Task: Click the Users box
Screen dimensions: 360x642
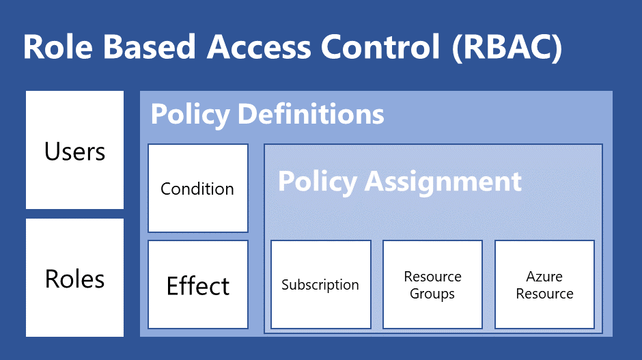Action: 74,150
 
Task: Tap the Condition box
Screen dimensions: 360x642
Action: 197,189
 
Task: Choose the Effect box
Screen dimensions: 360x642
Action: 198,285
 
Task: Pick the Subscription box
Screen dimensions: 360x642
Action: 320,285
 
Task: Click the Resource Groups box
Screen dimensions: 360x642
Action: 432,285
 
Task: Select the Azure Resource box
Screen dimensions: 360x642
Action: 544,285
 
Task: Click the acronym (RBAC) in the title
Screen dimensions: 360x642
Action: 506,47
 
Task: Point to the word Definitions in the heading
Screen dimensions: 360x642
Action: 311,114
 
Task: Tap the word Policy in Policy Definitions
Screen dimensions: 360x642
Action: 190,114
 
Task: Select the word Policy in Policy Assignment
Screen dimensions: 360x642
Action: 317,181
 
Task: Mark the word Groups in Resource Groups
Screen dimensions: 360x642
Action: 432,294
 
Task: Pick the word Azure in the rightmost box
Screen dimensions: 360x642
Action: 544,277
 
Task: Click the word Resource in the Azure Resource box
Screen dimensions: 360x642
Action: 544,294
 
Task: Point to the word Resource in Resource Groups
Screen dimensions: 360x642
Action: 432,277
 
